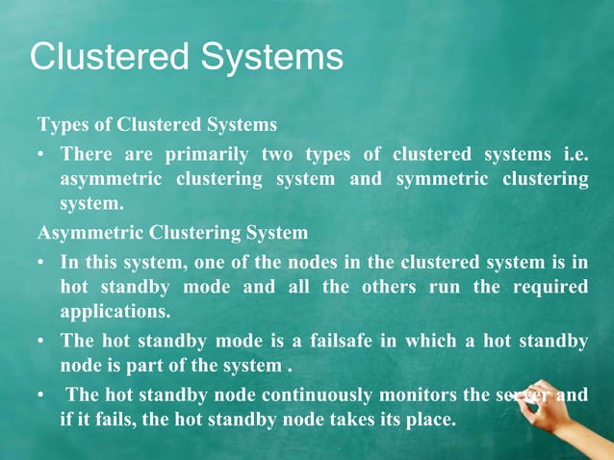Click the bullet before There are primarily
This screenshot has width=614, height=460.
tap(43, 155)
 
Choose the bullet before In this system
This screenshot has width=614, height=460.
tap(43, 262)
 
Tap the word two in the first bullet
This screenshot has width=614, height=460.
tap(274, 155)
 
